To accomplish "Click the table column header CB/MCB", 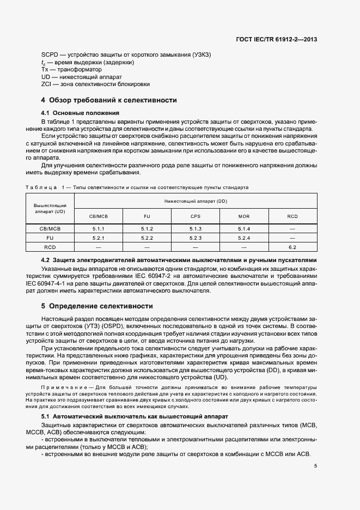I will (x=99, y=216).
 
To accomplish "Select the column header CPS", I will (x=196, y=216).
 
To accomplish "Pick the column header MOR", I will (x=243, y=216).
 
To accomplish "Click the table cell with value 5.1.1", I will (x=99, y=229).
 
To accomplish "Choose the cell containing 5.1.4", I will (x=243, y=229).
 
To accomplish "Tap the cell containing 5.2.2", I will (x=147, y=238).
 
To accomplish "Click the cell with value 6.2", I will (x=292, y=247).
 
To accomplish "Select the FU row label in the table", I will (x=50, y=238).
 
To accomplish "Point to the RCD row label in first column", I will (x=50, y=247).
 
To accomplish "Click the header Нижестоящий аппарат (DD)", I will (x=196, y=201).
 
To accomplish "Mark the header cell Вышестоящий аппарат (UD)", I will (x=50, y=208).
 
